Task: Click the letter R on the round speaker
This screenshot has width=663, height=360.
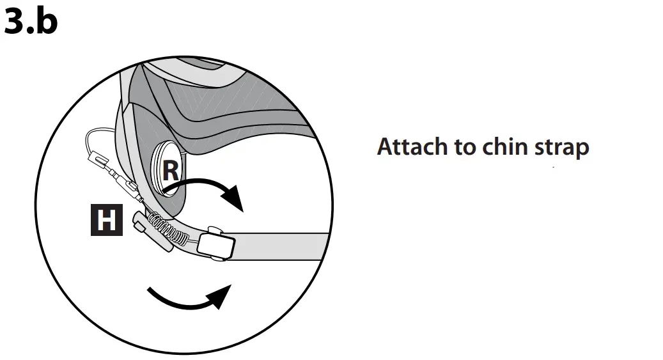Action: pyautogui.click(x=170, y=171)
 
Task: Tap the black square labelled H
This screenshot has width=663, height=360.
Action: pyautogui.click(x=105, y=219)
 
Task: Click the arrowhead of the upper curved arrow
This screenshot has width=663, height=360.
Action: pyautogui.click(x=235, y=199)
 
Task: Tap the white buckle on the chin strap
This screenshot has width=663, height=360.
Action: pyautogui.click(x=216, y=246)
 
